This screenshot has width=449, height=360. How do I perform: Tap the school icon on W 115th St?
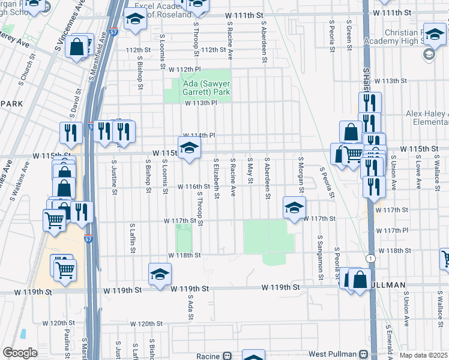[x=190, y=148]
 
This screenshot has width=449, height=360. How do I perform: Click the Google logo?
[x=20, y=352]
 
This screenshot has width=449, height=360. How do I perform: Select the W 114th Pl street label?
[x=199, y=136]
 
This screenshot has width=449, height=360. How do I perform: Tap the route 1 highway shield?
[x=372, y=258]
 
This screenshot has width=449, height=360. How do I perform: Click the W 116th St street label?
[x=191, y=187]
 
